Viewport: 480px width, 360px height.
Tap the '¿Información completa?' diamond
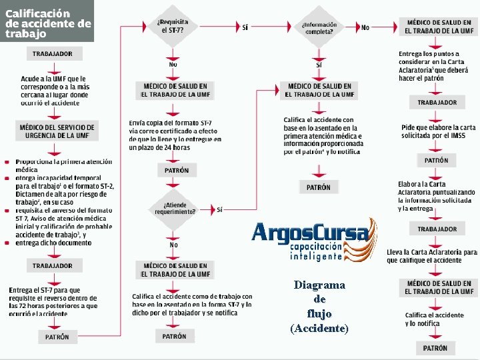[x=319, y=28]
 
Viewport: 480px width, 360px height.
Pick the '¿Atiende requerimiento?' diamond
[x=175, y=208]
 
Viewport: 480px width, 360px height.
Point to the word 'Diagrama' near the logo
[x=319, y=285]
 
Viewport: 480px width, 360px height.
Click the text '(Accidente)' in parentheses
[x=319, y=328]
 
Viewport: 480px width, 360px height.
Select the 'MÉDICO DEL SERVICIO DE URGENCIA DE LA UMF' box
[x=57, y=131]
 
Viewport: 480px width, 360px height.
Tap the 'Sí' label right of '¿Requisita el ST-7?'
[x=245, y=27]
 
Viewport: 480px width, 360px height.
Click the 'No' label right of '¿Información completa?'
[x=365, y=27]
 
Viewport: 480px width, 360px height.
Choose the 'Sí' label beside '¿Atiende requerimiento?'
[x=219, y=209]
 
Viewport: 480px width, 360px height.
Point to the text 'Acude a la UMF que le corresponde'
[x=53, y=87]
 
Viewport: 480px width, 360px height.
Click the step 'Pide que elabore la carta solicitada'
[x=437, y=131]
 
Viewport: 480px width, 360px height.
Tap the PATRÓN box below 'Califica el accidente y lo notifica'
[x=436, y=348]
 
